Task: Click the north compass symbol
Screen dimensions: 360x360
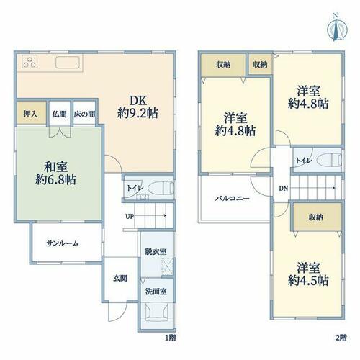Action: pyautogui.click(x=337, y=29)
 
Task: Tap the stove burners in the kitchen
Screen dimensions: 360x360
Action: pyautogui.click(x=30, y=62)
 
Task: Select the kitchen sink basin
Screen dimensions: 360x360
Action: pyautogui.click(x=68, y=63)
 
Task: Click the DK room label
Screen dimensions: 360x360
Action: pyautogui.click(x=138, y=101)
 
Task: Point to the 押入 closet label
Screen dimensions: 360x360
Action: pyautogui.click(x=30, y=114)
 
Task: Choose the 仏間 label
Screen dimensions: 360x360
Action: pyautogui.click(x=59, y=114)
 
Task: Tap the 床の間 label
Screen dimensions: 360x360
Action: pyautogui.click(x=84, y=114)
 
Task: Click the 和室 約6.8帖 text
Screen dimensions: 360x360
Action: pyautogui.click(x=55, y=174)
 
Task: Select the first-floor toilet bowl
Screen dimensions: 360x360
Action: pyautogui.click(x=161, y=187)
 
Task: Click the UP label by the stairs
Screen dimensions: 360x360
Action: pyautogui.click(x=130, y=217)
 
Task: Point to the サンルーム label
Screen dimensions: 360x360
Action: pyautogui.click(x=63, y=243)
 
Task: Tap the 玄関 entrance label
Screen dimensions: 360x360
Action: pyautogui.click(x=120, y=279)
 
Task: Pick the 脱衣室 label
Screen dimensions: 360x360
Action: pyautogui.click(x=156, y=252)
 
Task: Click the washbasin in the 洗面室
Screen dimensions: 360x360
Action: pyautogui.click(x=157, y=312)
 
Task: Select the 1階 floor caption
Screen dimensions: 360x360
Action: pyautogui.click(x=171, y=338)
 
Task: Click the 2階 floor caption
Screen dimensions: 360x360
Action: pyautogui.click(x=341, y=338)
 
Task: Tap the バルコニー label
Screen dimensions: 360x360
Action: pyautogui.click(x=233, y=199)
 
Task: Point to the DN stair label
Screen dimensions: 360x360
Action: pyautogui.click(x=283, y=189)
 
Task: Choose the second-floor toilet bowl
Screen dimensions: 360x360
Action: pyautogui.click(x=329, y=160)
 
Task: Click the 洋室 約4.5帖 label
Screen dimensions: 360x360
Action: pyautogui.click(x=308, y=274)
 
